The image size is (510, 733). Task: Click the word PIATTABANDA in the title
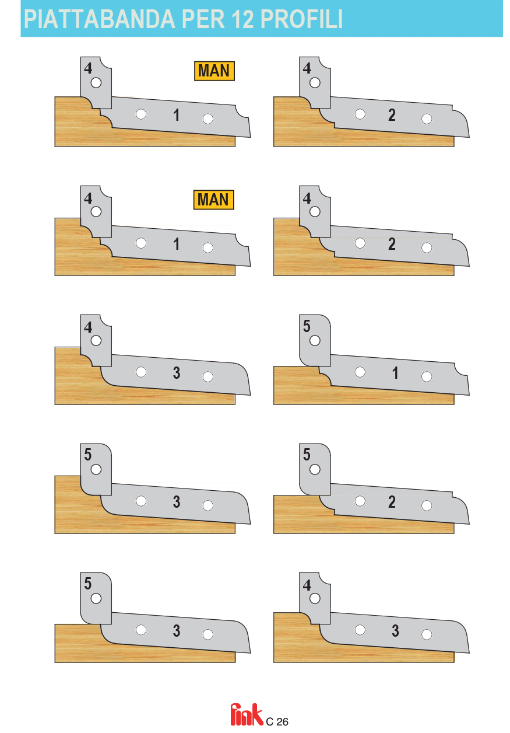(x=99, y=19)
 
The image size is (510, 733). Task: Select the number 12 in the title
(x=242, y=19)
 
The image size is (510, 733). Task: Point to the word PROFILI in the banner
(x=301, y=19)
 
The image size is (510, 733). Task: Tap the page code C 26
(x=277, y=721)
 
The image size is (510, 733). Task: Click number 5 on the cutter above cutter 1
(x=306, y=326)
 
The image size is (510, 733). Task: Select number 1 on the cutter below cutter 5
(x=395, y=373)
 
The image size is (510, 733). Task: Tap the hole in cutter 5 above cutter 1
(x=315, y=340)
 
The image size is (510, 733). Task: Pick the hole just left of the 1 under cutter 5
(x=360, y=372)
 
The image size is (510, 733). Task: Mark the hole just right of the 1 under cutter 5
(x=427, y=376)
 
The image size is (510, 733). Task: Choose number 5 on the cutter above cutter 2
(x=306, y=455)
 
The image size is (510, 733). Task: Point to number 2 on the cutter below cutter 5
(x=392, y=502)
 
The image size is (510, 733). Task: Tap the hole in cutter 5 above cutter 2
(x=315, y=469)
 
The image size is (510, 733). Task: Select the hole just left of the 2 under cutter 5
(x=360, y=501)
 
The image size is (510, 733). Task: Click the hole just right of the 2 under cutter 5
(x=427, y=505)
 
